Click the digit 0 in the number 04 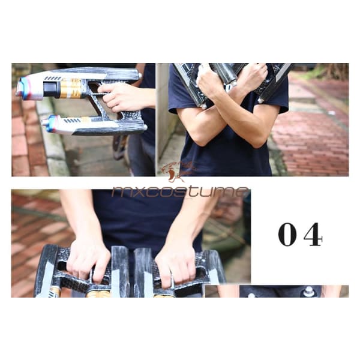point(287,235)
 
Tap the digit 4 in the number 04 point(313,235)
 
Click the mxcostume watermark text point(180,192)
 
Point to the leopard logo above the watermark point(177,171)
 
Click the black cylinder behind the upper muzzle point(52,89)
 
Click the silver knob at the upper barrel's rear point(140,75)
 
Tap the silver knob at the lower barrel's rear point(145,127)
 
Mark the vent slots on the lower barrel point(73,121)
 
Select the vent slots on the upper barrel point(53,78)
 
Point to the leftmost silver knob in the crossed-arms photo point(203,106)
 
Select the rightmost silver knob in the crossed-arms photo point(260,101)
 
